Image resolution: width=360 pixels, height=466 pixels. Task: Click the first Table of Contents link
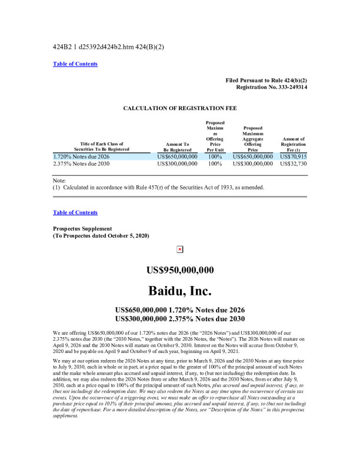coord(75,64)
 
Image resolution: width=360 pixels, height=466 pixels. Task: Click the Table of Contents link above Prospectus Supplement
coord(75,212)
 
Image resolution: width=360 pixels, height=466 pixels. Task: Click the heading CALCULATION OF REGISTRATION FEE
coord(179,108)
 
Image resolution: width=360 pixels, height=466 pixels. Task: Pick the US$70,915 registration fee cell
coord(294,157)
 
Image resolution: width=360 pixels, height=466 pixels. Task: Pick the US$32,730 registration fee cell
coord(294,164)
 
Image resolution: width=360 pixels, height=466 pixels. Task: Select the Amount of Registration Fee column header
coord(294,144)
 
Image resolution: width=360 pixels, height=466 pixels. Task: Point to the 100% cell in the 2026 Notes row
coord(215,157)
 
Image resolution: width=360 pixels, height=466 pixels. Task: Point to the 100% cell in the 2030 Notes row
coord(215,164)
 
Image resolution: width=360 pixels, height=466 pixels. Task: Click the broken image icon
coord(179,249)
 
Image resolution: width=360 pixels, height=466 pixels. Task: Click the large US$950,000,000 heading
coord(179,270)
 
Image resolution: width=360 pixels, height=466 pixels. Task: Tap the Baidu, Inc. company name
coord(179,291)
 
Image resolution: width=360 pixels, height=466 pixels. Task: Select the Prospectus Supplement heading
coord(82,228)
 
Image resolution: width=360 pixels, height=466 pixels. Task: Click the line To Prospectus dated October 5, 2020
coord(101,235)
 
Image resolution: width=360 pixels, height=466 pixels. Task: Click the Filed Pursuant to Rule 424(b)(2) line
coord(266,79)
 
